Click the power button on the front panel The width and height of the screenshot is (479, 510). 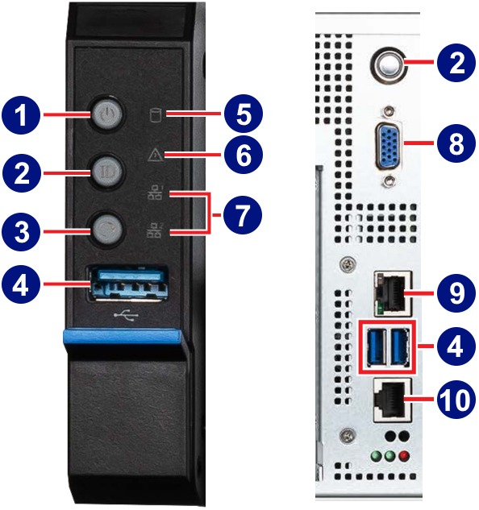pos(108,114)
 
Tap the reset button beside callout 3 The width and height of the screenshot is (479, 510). pos(108,231)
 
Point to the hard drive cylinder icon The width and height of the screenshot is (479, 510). pos(156,114)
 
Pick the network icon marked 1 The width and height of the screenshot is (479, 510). pos(154,193)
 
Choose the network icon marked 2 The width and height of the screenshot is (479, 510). pos(154,230)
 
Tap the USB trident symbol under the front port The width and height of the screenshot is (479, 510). pos(127,315)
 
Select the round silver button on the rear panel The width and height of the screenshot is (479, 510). pos(389,65)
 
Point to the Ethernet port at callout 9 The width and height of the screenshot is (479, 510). pos(393,294)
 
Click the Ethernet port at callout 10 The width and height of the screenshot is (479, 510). pos(393,400)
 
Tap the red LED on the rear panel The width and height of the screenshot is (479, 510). pos(405,456)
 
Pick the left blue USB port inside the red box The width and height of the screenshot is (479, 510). pos(375,346)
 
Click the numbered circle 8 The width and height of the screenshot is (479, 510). pos(456,143)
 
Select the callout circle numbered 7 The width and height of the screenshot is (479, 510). pos(243,215)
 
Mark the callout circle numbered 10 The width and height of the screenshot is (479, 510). pos(455,400)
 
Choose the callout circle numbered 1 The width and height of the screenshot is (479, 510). pos(21,115)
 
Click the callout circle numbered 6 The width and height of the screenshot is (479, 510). pos(244,155)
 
